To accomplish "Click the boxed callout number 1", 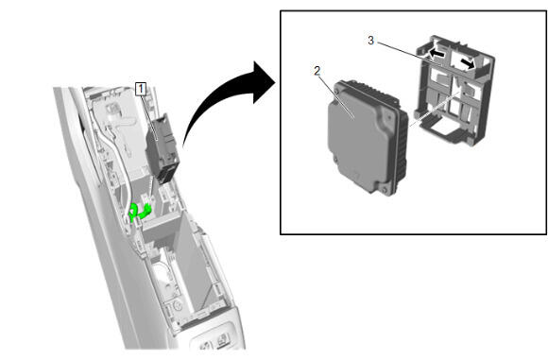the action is click(x=141, y=89).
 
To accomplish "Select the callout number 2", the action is click(x=317, y=71).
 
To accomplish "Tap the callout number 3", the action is click(x=370, y=41).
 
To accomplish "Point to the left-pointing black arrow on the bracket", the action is click(x=437, y=54).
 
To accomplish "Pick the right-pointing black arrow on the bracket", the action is click(x=468, y=63).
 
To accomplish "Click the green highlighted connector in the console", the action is click(x=140, y=212).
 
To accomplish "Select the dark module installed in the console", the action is click(x=163, y=148).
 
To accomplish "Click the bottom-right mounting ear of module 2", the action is click(x=384, y=189).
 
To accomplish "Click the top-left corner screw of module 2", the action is click(x=337, y=90).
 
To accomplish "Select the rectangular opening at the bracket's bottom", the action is click(x=441, y=129).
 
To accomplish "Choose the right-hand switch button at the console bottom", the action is click(x=223, y=338).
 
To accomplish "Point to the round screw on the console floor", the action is click(x=178, y=306).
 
